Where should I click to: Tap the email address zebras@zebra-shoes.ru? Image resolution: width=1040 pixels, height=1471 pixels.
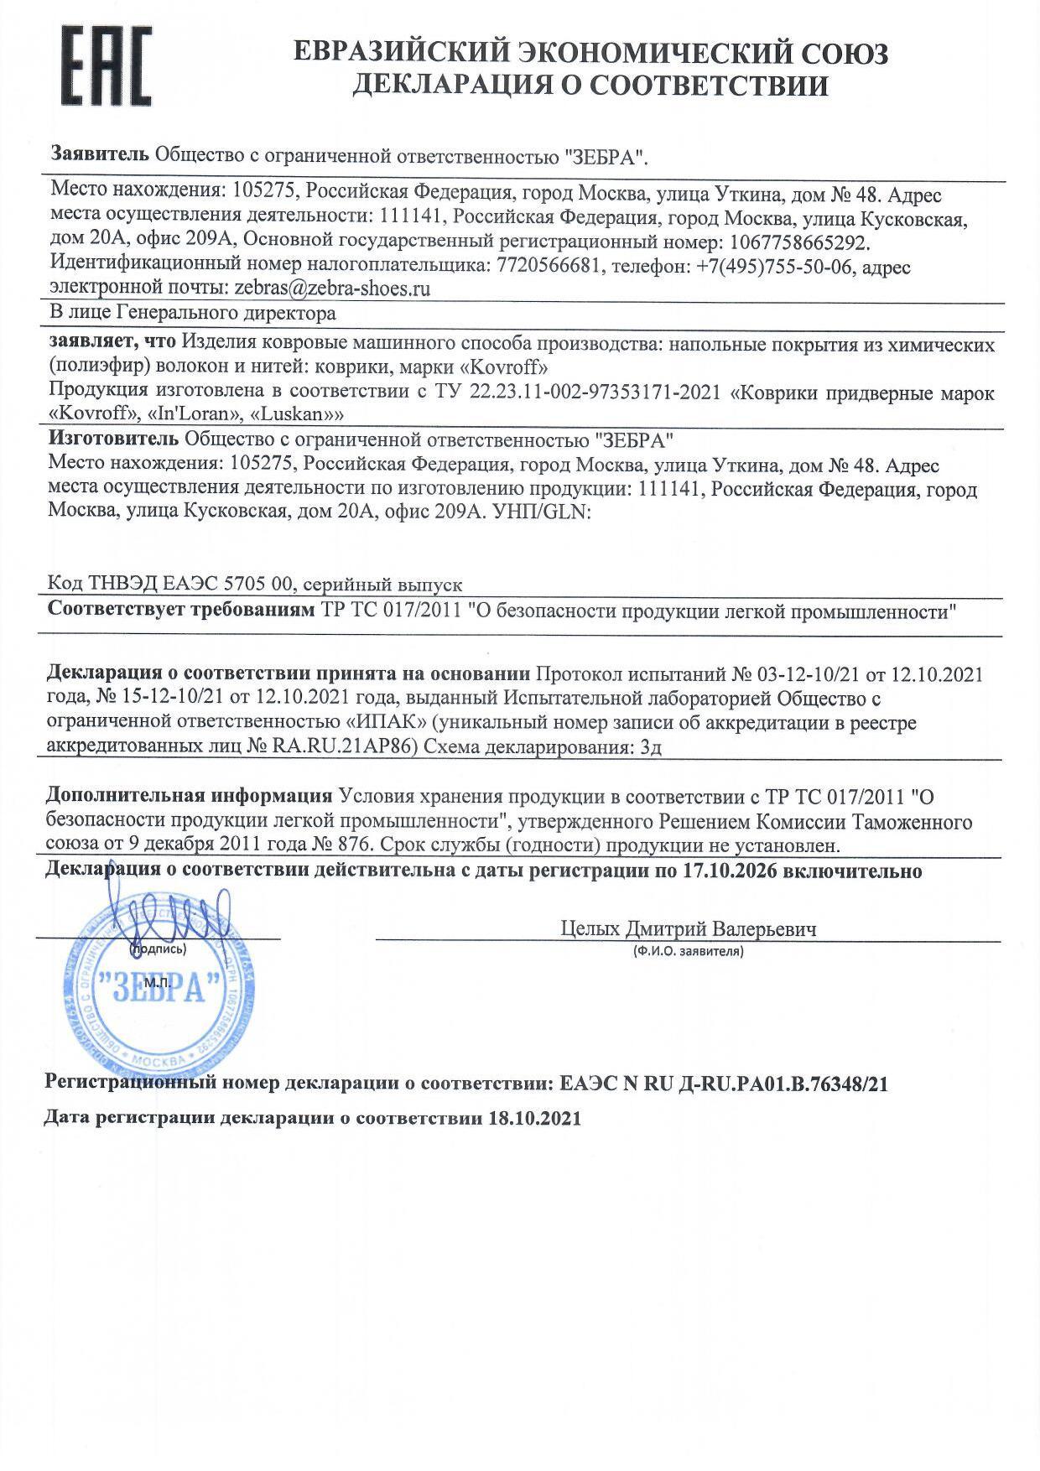(x=332, y=289)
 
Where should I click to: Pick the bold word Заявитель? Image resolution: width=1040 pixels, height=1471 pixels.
(x=100, y=154)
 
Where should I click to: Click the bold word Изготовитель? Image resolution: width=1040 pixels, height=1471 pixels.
(x=113, y=439)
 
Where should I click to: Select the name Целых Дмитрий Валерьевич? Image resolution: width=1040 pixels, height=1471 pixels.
(x=688, y=929)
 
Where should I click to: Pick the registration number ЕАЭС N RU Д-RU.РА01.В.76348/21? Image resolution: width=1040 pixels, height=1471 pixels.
(x=720, y=1084)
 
